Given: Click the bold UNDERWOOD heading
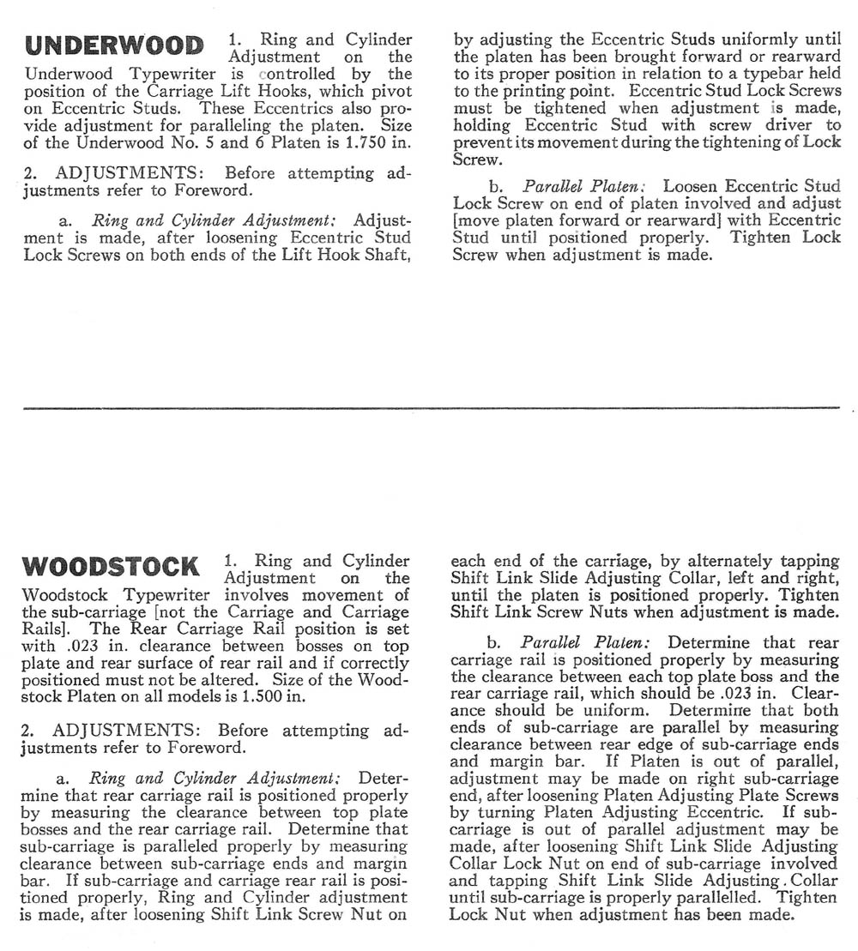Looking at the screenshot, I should point(115,45).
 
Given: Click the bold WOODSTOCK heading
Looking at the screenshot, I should point(112,567).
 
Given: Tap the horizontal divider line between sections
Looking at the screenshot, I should point(429,407).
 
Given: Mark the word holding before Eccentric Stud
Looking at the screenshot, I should point(483,125).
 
